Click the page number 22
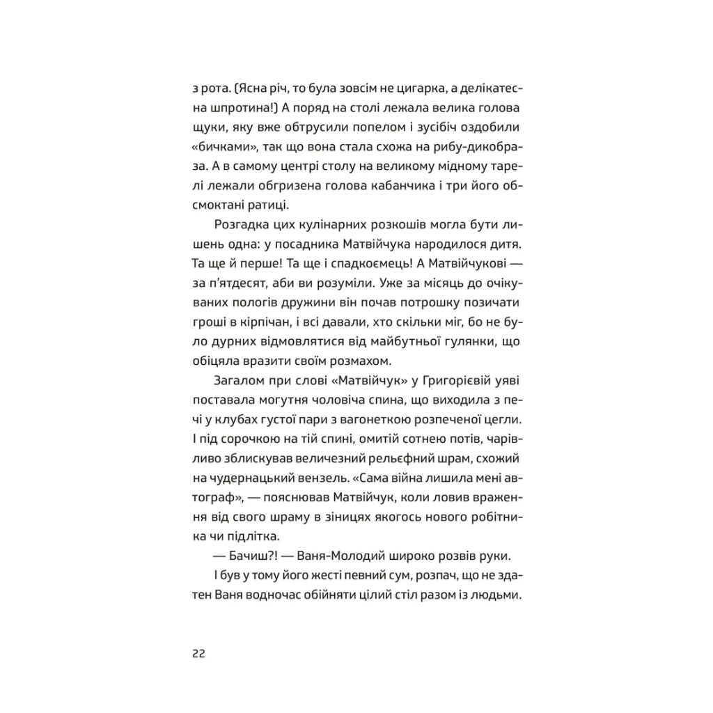coord(197,655)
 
